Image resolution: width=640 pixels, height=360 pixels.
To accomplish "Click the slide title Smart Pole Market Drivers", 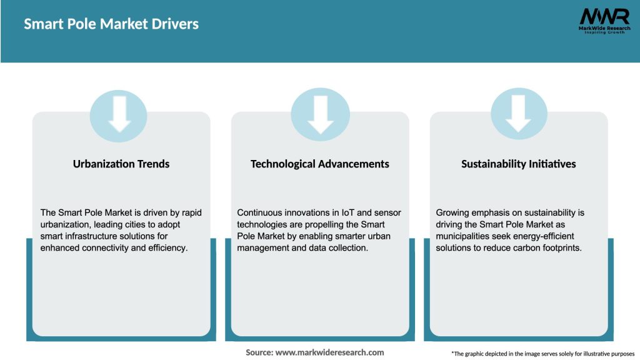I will (111, 24).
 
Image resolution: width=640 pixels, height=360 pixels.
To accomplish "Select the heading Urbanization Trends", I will (121, 164).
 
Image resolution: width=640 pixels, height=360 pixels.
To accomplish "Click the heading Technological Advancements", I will (320, 164).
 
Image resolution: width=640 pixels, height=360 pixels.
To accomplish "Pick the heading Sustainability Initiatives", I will (519, 164).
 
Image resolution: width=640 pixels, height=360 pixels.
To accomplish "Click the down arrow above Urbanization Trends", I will (119, 114).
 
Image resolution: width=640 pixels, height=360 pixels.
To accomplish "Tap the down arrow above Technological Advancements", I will (320, 114).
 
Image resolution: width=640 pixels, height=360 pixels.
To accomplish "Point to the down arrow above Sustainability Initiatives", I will (519, 114).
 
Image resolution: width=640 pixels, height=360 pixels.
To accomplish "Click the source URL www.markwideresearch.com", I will (329, 352).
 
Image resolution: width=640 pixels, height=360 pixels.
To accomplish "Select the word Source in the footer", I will (259, 352).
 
